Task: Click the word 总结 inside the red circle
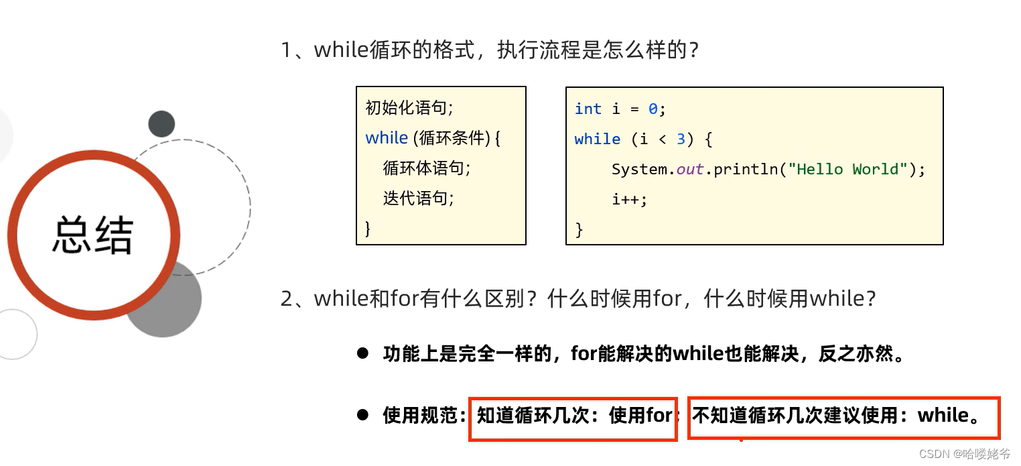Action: click(93, 235)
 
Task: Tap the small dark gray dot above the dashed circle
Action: click(161, 124)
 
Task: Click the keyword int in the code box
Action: click(588, 109)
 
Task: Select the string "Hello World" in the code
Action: click(847, 169)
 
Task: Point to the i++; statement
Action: click(629, 199)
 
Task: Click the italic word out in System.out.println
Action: click(690, 169)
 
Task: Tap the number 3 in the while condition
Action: click(681, 139)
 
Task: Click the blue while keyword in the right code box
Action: click(597, 139)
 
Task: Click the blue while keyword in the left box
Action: click(387, 137)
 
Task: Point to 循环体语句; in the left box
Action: click(427, 168)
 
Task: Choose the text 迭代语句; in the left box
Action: click(418, 198)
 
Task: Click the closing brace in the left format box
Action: click(367, 228)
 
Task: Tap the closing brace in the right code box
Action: click(579, 230)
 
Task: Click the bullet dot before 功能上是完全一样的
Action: click(362, 353)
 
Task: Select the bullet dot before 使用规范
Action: click(362, 415)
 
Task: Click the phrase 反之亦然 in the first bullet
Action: click(855, 353)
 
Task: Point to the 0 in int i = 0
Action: click(653, 109)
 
